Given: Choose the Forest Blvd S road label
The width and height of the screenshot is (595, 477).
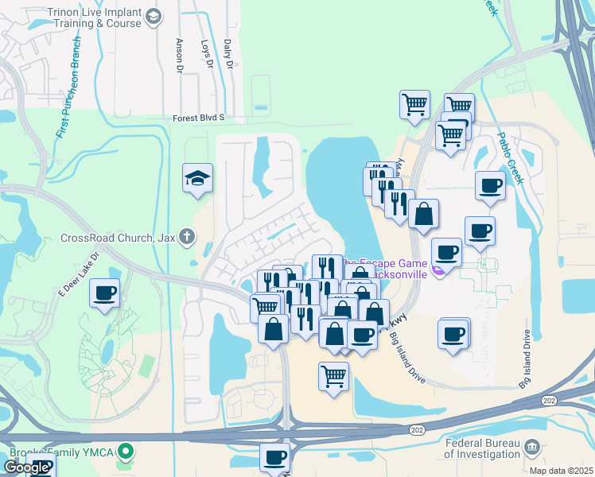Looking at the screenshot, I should pos(199,118).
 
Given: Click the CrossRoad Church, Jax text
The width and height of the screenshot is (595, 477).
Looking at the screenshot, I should pos(117,237).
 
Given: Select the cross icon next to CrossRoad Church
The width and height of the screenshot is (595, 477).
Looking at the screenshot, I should pos(187,236).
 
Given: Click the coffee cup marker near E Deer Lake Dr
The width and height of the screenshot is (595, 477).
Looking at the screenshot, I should pos(105,294).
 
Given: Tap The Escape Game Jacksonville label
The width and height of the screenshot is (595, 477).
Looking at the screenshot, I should pos(391,268).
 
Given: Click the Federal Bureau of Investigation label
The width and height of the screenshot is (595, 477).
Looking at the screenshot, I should pos(481,448).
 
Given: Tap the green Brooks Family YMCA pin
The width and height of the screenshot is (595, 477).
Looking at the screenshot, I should pos(125,452).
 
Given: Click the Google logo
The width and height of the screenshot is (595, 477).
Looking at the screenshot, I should pos(26,467).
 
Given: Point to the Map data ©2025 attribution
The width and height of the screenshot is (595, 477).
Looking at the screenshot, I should pos(561,471).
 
